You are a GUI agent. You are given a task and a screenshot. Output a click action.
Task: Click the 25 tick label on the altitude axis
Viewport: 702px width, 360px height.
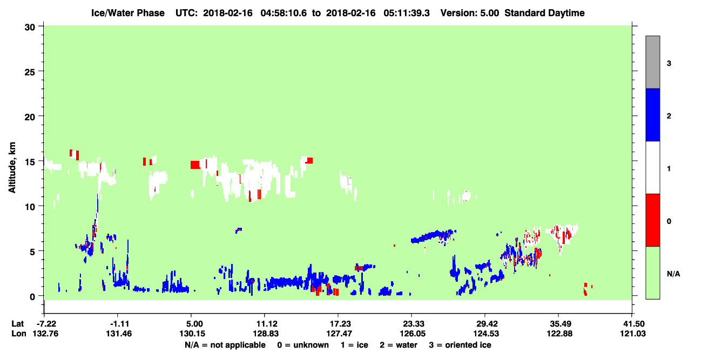coord(30,72)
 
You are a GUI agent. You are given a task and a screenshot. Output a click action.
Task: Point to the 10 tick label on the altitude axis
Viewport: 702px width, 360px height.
coord(30,207)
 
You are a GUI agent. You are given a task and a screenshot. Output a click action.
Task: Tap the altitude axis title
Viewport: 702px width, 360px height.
coord(12,167)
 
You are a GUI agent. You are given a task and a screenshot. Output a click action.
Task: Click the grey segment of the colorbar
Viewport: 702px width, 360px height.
coord(652,62)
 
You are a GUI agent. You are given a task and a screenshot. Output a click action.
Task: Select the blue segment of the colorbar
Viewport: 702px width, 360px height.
coord(652,114)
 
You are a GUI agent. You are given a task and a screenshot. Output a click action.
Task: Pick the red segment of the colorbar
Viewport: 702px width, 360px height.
coord(652,220)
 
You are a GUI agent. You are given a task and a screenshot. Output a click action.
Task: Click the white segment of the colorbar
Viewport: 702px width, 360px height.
coord(652,167)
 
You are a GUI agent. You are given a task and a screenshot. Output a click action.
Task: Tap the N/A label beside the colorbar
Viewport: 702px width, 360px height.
coord(673,274)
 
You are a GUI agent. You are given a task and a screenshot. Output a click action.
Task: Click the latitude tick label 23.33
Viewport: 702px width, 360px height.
coord(413,324)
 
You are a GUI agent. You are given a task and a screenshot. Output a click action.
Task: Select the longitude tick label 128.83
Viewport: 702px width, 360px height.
coord(266,334)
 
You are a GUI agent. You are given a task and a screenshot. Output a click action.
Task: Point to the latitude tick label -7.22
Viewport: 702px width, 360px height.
coord(45,324)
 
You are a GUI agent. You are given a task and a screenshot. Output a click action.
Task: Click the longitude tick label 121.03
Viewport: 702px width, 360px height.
coord(633,334)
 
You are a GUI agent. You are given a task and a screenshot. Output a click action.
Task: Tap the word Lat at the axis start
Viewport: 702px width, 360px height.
coord(18,324)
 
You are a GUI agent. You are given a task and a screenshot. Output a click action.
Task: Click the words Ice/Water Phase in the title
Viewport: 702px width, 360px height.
coord(128,13)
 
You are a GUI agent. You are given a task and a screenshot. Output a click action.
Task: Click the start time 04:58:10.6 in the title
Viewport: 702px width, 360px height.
coord(283,13)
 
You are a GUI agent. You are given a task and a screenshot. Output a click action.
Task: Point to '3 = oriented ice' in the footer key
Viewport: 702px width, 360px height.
coord(460,345)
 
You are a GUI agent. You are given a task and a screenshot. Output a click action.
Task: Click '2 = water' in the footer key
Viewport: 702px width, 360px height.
coord(399,345)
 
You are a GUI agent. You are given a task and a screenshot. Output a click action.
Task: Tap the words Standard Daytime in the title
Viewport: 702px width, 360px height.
coord(544,13)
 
